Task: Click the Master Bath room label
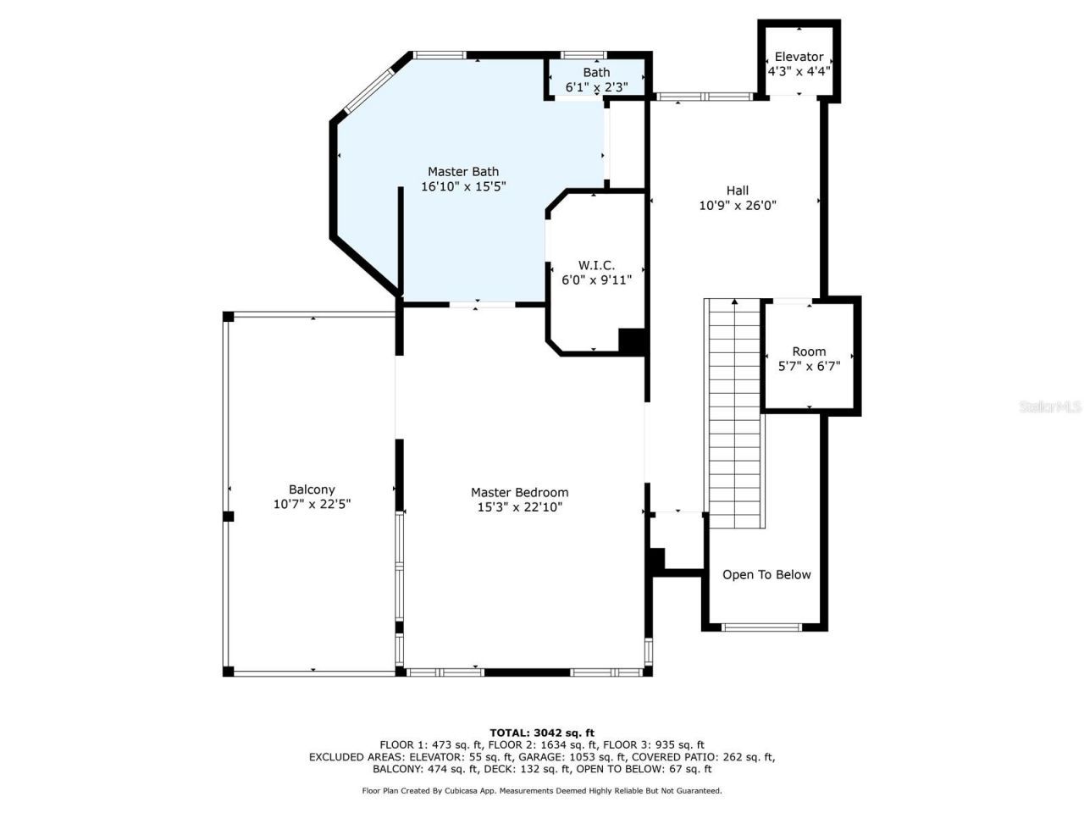(463, 171)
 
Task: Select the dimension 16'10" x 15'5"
(463, 186)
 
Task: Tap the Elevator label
(799, 57)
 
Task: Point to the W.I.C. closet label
(596, 265)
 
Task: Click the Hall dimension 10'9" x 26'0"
(738, 205)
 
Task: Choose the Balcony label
(312, 489)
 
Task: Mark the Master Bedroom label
(519, 492)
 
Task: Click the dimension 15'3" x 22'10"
(519, 507)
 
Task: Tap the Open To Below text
(766, 574)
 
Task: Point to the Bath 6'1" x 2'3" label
(596, 80)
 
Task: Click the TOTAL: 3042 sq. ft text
(542, 733)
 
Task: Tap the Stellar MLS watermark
(1050, 406)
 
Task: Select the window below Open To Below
(761, 628)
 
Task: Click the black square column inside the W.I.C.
(632, 340)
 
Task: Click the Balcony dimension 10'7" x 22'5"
(312, 504)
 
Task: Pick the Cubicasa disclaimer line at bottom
(542, 790)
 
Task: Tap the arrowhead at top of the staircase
(734, 301)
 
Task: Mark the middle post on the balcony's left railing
(228, 516)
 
